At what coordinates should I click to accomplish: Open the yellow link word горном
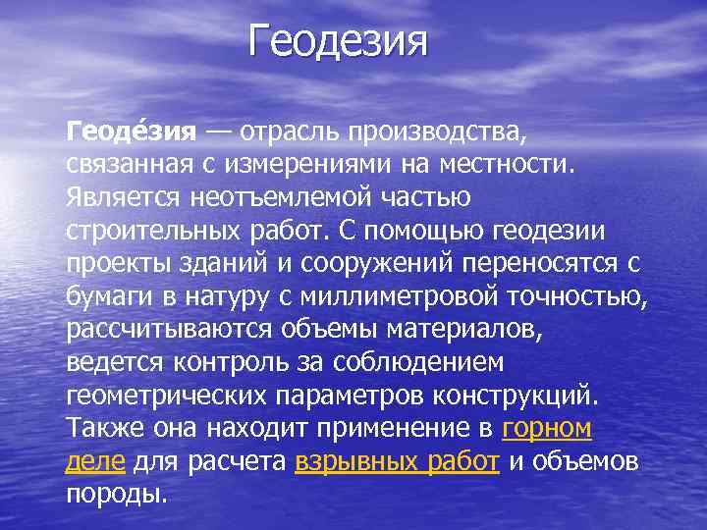pos(546,430)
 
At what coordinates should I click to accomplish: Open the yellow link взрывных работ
pos(398,463)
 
